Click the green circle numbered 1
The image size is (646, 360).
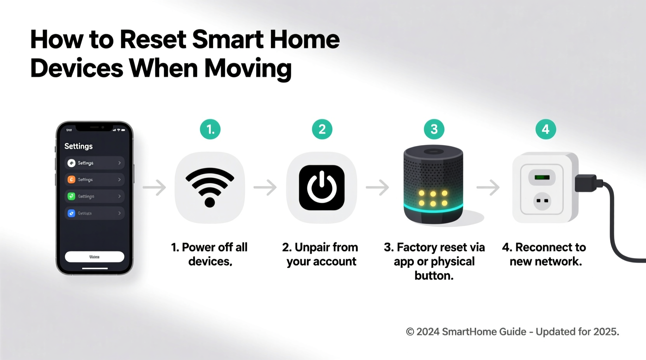click(210, 129)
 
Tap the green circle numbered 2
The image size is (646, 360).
click(322, 129)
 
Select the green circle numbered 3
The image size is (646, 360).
click(434, 129)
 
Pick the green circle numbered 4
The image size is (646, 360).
click(545, 129)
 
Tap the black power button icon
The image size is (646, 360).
click(321, 188)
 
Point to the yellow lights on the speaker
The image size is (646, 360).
click(433, 198)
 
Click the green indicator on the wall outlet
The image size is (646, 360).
click(542, 178)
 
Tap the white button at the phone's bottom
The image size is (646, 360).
click(94, 257)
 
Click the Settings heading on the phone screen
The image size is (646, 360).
click(78, 146)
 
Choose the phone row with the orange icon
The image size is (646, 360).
click(94, 180)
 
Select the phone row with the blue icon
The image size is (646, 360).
click(94, 213)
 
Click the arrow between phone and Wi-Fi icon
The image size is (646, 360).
click(154, 187)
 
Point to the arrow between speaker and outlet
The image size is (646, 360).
click(488, 187)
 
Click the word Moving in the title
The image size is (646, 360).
click(248, 68)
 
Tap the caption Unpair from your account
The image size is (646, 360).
click(321, 254)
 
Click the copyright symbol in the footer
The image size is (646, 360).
click(410, 332)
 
